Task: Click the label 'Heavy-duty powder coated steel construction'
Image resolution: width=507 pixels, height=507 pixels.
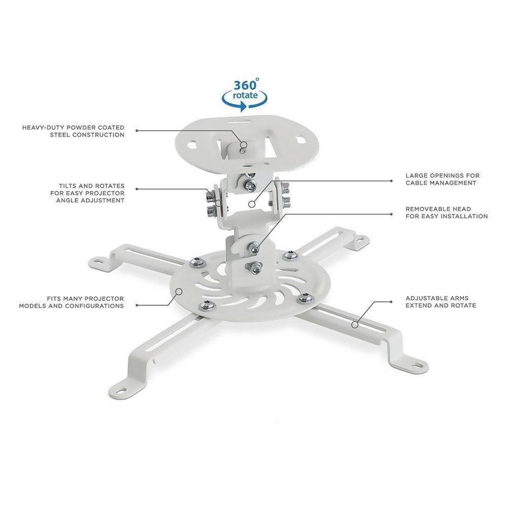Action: pyautogui.click(x=73, y=131)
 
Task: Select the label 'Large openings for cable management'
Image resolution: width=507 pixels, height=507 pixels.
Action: pyautogui.click(x=442, y=179)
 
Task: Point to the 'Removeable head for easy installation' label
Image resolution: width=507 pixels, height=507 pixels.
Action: pyautogui.click(x=446, y=212)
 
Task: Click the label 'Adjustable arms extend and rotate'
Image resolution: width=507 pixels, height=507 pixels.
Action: pyautogui.click(x=441, y=302)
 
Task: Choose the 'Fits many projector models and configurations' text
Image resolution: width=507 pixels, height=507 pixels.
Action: pyautogui.click(x=71, y=302)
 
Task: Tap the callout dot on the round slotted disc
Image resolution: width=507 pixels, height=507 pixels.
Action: pyautogui.click(x=179, y=291)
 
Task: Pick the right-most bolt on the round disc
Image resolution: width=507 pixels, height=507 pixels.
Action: pyautogui.click(x=304, y=297)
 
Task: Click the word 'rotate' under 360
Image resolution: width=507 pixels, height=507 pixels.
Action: pyautogui.click(x=245, y=95)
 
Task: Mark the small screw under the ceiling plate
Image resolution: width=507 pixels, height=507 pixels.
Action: pyautogui.click(x=244, y=149)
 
